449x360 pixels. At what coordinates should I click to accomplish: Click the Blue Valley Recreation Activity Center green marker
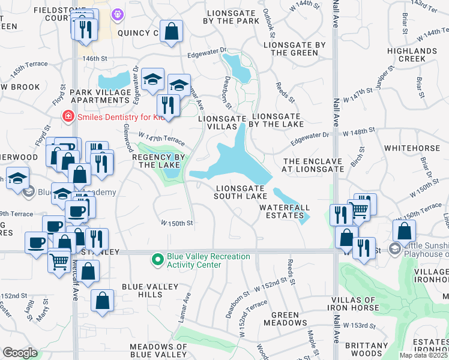pos(158,260)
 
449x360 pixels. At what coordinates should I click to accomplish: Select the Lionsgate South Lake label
pos(241,191)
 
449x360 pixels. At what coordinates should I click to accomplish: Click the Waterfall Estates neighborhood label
pos(282,211)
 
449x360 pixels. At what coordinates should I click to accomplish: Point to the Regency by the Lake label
pos(156,160)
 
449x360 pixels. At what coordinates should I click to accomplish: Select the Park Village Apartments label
pos(100,96)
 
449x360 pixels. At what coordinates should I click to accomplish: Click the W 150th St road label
pos(176,223)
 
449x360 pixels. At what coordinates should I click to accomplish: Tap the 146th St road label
pos(95,59)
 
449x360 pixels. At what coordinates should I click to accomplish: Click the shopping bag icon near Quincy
pos(172,31)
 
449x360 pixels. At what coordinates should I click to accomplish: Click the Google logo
pos(20,352)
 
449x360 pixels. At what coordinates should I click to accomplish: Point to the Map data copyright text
pos(424,355)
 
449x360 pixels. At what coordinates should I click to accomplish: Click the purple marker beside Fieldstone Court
pos(117,13)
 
